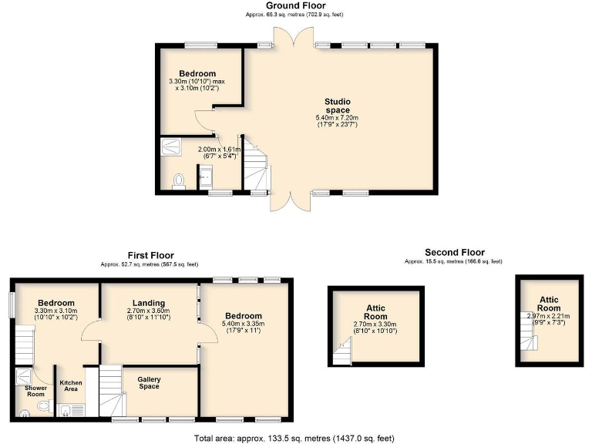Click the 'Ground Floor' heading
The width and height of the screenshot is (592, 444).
point(295,5)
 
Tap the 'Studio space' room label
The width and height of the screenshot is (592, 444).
point(337,106)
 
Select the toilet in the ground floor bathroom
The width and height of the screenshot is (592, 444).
point(179,180)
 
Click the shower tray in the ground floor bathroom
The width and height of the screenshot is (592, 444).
point(168,146)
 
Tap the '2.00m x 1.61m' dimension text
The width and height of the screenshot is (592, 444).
point(220,150)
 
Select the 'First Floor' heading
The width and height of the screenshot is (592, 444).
point(150,255)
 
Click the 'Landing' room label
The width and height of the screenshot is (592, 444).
point(150,302)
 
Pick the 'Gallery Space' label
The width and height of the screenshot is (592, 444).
point(149,382)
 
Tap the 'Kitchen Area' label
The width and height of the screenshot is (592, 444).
point(72,386)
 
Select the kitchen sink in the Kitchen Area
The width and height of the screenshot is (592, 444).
point(66,409)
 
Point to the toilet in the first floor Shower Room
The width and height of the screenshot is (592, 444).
point(42,405)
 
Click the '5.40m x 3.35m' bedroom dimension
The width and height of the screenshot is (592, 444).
point(244,324)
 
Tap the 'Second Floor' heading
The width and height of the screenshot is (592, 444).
point(454,252)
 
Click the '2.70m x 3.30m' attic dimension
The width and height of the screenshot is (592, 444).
point(375,325)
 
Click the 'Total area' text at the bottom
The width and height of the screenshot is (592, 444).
point(295,437)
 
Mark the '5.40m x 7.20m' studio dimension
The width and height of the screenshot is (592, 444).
point(337,117)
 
